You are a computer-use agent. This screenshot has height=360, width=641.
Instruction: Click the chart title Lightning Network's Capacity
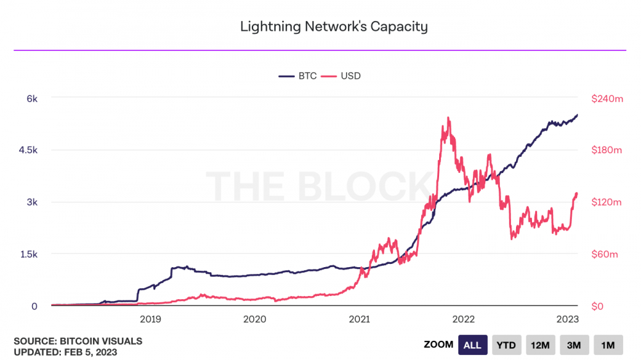click(x=333, y=26)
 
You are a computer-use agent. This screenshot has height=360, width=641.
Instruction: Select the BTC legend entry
click(x=298, y=76)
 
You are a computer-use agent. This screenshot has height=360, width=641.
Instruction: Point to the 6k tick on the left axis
click(x=31, y=99)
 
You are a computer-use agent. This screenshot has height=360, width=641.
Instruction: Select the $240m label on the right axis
click(x=606, y=99)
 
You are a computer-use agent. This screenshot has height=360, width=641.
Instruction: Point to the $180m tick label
click(x=606, y=151)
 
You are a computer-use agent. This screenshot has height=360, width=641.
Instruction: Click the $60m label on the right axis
click(x=604, y=254)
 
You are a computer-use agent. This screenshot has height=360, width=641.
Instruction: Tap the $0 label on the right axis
click(x=597, y=306)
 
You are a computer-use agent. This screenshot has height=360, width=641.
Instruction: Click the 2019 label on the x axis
click(x=150, y=319)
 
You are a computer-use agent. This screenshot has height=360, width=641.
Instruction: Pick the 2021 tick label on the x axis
click(x=359, y=319)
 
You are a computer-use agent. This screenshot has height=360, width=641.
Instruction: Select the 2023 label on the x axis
click(x=568, y=319)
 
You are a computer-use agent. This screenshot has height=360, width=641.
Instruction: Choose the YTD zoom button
click(x=506, y=345)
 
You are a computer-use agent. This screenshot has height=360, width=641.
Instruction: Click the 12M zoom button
click(x=540, y=345)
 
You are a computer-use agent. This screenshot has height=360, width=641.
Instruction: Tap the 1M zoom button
click(x=608, y=345)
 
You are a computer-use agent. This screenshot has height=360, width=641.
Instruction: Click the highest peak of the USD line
click(x=448, y=118)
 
